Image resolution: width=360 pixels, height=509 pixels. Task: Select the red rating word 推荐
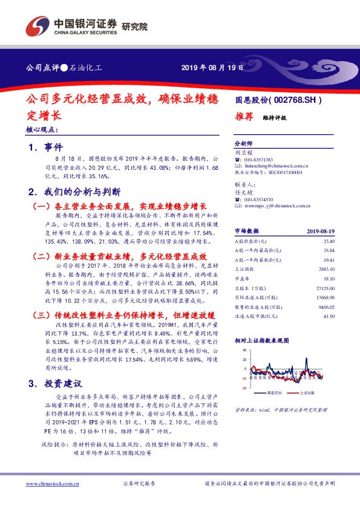click(243, 118)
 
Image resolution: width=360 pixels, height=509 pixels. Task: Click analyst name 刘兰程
click(242, 153)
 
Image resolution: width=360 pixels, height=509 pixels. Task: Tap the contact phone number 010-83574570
click(261, 199)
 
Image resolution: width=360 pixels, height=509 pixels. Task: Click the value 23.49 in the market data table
click(329, 241)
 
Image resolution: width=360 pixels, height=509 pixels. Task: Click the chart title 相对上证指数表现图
click(260, 340)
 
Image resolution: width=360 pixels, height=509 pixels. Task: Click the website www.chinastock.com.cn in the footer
click(52, 484)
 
